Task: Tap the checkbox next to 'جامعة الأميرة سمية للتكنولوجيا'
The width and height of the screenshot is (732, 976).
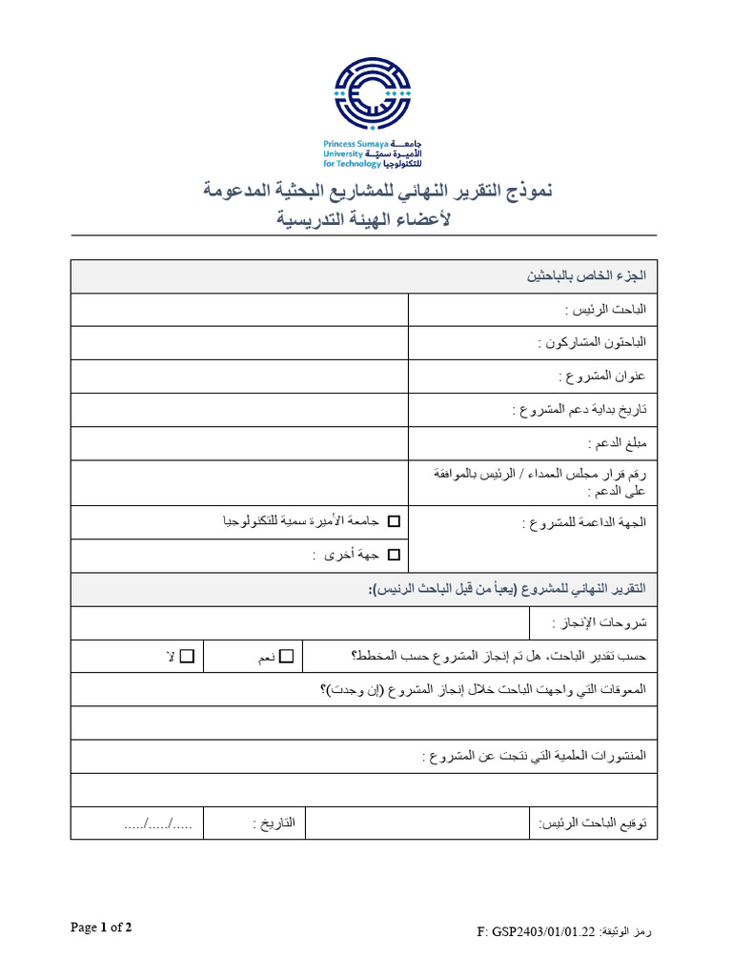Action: pyautogui.click(x=395, y=521)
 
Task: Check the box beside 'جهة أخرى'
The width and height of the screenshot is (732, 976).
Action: pyautogui.click(x=395, y=554)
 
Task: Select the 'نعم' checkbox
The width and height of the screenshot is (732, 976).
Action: pyautogui.click(x=287, y=656)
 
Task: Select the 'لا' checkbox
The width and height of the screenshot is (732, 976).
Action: pyautogui.click(x=187, y=656)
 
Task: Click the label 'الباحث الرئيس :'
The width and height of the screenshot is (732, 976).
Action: pyautogui.click(x=605, y=310)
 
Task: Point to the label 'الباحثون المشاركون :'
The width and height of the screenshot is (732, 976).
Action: pyautogui.click(x=592, y=342)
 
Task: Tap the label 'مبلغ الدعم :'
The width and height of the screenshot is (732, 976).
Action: pyautogui.click(x=617, y=443)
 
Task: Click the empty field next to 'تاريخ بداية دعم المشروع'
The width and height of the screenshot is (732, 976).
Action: pyautogui.click(x=239, y=410)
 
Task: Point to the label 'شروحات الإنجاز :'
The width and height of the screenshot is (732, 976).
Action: pyautogui.click(x=599, y=622)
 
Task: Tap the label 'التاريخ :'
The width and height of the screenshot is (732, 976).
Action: pyautogui.click(x=274, y=822)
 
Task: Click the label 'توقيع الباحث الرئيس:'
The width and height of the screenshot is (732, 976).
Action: pyautogui.click(x=592, y=822)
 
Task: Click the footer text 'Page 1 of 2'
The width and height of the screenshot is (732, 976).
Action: pyautogui.click(x=101, y=927)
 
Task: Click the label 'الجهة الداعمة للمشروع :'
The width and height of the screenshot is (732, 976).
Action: pyautogui.click(x=584, y=522)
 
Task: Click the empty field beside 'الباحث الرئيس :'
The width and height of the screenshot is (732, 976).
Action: pyautogui.click(x=239, y=310)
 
